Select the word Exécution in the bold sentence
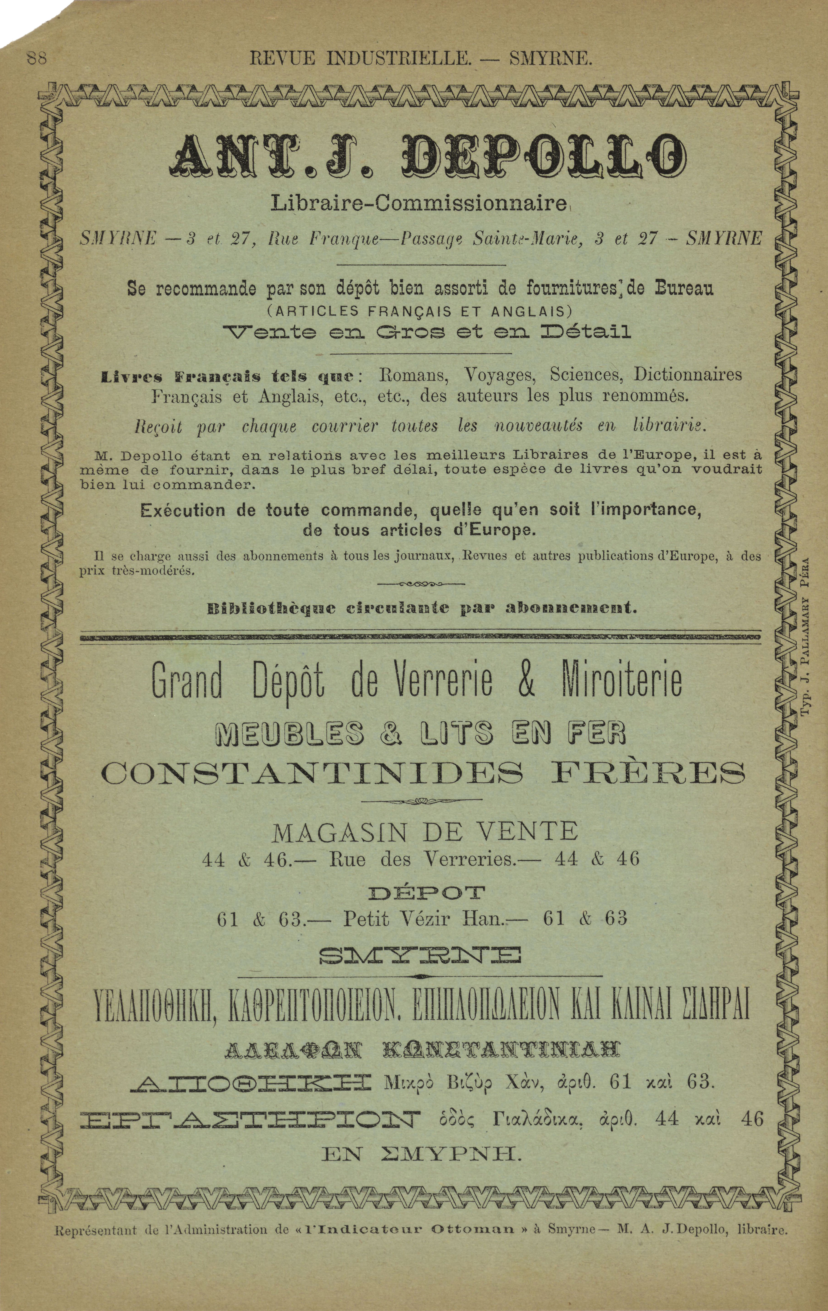pyautogui.click(x=182, y=511)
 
